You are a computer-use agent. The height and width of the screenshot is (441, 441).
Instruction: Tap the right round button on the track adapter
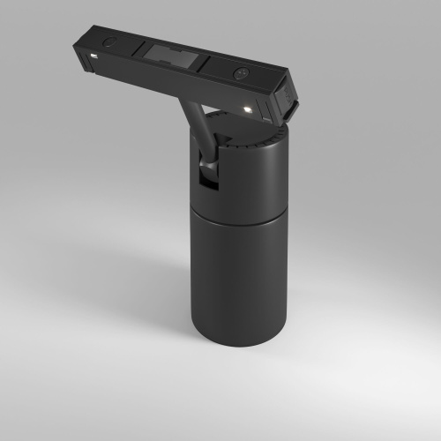(240, 73)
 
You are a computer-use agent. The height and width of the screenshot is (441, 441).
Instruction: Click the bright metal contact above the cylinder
(248, 108)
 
